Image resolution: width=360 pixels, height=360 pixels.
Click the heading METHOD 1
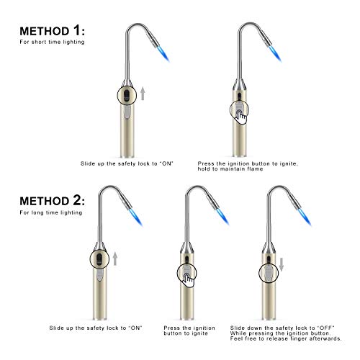coord(50,31)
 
